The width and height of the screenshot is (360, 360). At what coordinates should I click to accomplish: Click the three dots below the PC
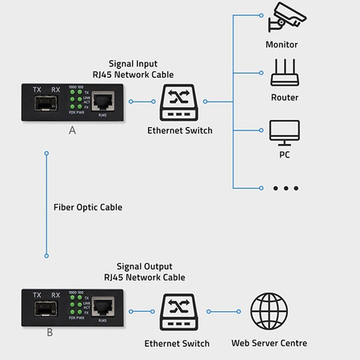285,188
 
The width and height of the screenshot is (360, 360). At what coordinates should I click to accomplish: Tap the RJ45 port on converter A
102,101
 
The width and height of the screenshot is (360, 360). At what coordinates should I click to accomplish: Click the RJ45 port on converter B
102,306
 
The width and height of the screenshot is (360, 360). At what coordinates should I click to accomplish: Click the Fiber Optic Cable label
87,206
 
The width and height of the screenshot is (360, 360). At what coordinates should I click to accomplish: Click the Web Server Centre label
270,343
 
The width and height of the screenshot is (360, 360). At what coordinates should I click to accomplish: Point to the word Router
284,98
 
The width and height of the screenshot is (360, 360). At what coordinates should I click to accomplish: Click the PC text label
284,154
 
